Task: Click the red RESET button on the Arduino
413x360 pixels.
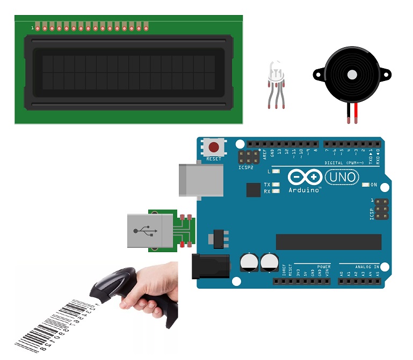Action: [x=214, y=146]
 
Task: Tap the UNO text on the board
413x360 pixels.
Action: [x=343, y=177]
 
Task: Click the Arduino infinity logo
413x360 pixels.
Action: [x=305, y=177]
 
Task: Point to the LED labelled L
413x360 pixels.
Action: [x=276, y=172]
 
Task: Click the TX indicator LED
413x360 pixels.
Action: [x=276, y=185]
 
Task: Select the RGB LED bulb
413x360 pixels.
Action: [x=275, y=72]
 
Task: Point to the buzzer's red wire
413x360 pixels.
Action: [x=356, y=113]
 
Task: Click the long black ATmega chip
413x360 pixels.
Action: [x=328, y=242]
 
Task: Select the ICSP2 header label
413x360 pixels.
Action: [x=245, y=167]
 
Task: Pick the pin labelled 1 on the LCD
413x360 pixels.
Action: [x=38, y=27]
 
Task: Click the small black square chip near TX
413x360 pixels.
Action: [x=253, y=190]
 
